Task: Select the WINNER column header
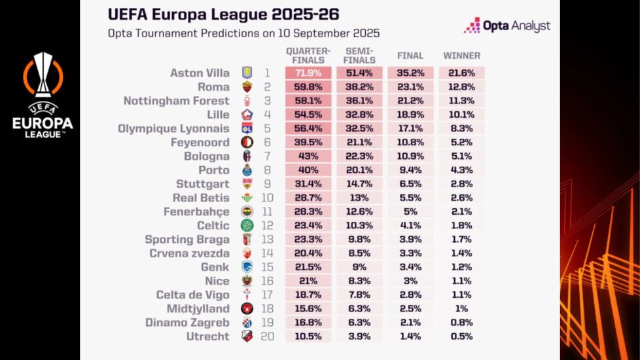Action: coord(461,56)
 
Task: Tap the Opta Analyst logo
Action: coord(507,26)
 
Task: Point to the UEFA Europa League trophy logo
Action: coord(43,95)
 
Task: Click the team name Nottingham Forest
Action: coord(177,101)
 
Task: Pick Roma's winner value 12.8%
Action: coord(461,87)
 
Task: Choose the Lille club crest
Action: coord(247,115)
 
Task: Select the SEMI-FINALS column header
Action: coord(359,55)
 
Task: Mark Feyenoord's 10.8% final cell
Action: coord(410,142)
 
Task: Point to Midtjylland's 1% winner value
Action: coord(461,308)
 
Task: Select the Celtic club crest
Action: coord(247,225)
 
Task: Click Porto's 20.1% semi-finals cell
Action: coord(359,170)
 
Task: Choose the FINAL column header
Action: coord(410,56)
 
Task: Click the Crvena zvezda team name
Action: coord(189,253)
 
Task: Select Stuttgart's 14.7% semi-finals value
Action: coord(359,184)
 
